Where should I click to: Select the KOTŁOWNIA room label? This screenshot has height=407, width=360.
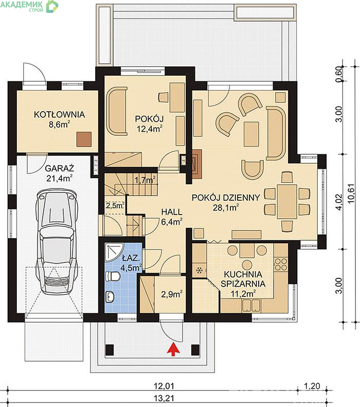(x=59, y=114)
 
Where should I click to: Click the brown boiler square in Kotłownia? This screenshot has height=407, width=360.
(x=84, y=139)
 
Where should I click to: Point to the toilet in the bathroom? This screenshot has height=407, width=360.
(x=113, y=276)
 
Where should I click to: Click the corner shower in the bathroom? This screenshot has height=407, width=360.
(x=113, y=252)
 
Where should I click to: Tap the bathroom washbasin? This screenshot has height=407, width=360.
(x=111, y=296)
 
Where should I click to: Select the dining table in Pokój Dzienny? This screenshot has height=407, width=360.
(x=286, y=202)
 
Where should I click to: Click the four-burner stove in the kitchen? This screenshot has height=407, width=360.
(x=281, y=264)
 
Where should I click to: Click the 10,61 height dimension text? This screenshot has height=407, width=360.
(x=351, y=193)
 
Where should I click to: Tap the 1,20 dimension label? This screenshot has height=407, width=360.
(x=312, y=386)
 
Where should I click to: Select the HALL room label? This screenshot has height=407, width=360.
(x=172, y=212)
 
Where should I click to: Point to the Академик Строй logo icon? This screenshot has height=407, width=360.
(x=52, y=6)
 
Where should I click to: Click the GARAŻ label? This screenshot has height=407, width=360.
(x=59, y=168)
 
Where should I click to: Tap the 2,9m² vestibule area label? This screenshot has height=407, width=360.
(x=171, y=294)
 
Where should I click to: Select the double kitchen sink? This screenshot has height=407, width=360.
(x=251, y=305)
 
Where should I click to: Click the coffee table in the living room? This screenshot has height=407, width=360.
(x=251, y=134)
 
